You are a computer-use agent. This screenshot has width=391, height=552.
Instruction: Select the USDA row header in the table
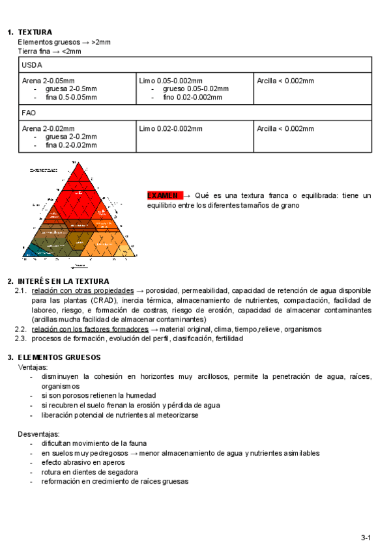(31, 65)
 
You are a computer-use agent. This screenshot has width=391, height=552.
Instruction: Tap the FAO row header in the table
(29, 113)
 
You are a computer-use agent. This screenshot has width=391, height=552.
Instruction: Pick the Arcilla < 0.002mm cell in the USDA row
(285, 81)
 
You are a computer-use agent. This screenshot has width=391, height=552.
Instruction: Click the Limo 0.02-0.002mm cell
(171, 128)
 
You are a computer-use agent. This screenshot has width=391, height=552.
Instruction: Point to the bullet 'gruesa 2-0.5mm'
(71, 89)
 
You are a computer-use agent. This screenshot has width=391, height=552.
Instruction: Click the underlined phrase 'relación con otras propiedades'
(83, 290)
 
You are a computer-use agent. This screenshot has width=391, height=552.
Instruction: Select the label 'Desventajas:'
(38, 434)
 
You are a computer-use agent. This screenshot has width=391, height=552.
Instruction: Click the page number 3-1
(366, 537)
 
